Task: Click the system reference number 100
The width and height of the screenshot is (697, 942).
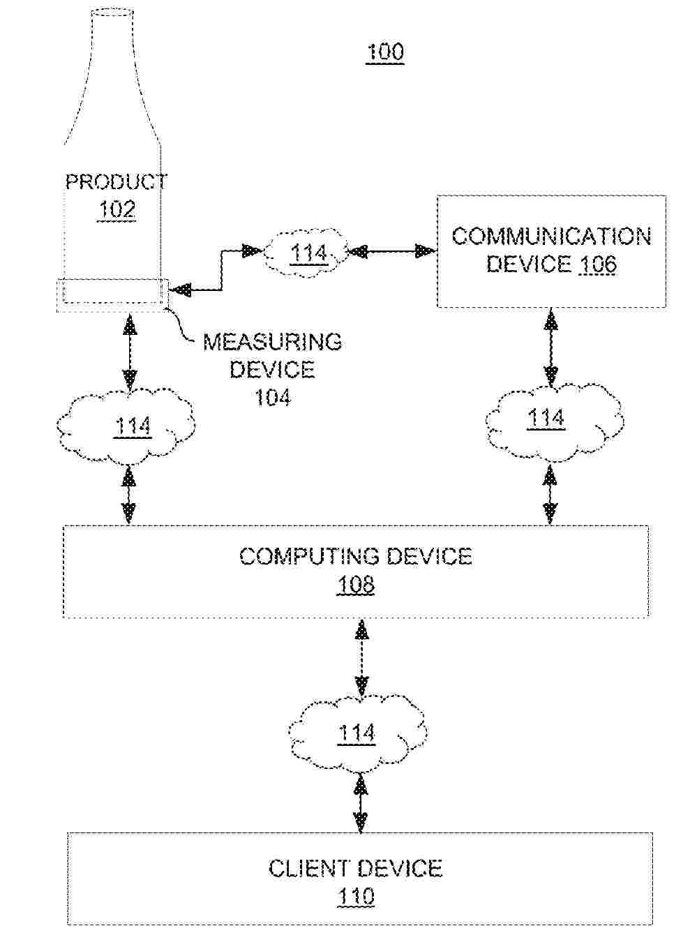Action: click(x=384, y=52)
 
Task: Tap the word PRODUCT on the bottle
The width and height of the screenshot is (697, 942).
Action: click(x=116, y=182)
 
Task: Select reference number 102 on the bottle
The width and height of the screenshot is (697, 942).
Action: click(x=117, y=209)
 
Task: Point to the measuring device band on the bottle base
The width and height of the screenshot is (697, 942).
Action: click(x=112, y=292)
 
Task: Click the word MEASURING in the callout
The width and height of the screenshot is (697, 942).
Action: click(x=272, y=342)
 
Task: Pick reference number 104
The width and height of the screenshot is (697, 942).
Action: click(x=272, y=397)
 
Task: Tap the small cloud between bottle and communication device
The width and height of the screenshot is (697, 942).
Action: click(x=307, y=253)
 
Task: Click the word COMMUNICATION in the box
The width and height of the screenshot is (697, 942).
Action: click(x=551, y=237)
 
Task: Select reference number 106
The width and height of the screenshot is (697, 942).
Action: click(x=597, y=264)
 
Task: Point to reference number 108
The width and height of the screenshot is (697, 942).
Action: click(x=356, y=584)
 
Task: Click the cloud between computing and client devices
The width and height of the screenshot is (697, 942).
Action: click(x=357, y=733)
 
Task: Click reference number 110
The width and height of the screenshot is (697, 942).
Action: click(x=356, y=897)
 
